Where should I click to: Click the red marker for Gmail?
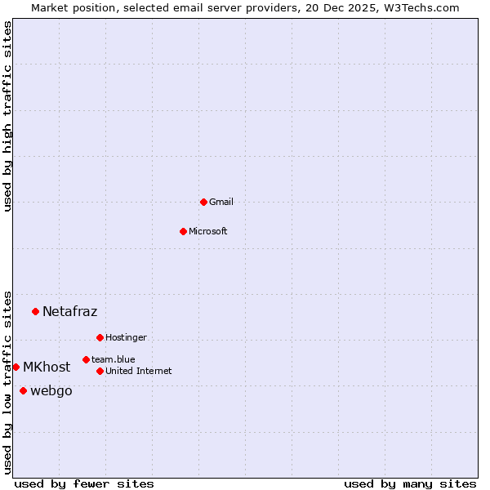point(203,202)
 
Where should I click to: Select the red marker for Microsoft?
point(183,231)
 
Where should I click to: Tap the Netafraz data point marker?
point(35,311)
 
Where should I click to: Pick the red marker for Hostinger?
point(100,337)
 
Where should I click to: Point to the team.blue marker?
point(86,359)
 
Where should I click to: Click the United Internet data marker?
point(100,371)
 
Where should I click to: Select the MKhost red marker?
point(16,367)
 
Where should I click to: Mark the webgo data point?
point(23,390)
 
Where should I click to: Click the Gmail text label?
point(221,202)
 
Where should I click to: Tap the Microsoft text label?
point(207,231)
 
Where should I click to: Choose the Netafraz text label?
point(69,311)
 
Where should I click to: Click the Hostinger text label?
point(126,337)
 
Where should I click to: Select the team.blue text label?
point(113,359)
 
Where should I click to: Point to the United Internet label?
point(138,371)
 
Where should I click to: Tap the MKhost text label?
point(47,367)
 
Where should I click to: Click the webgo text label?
point(51,390)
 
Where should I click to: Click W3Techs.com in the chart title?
point(423,7)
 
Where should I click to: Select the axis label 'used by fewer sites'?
point(84,483)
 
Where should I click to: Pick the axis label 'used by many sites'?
point(410,483)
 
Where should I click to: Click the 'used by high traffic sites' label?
point(7,116)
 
